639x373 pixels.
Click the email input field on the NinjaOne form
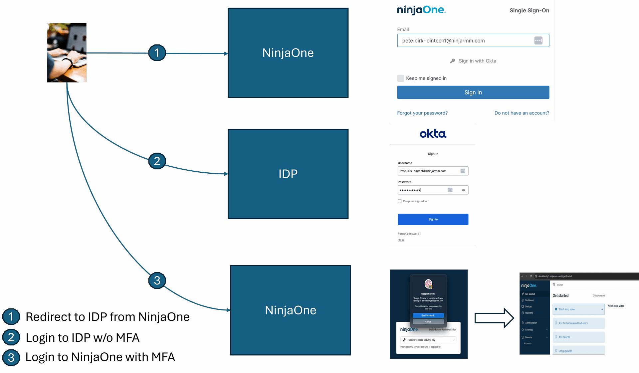[x=466, y=41]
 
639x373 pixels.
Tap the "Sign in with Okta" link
[x=477, y=61]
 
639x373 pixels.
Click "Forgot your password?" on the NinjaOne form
[x=422, y=113]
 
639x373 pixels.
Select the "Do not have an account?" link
[x=522, y=113]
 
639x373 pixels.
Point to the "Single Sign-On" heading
[x=529, y=11]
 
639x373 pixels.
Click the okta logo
[x=433, y=134]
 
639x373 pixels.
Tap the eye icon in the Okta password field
[x=463, y=190]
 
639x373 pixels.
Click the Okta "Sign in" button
[x=433, y=219]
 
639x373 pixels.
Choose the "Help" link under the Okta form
[x=401, y=240]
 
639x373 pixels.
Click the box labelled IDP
[x=288, y=174]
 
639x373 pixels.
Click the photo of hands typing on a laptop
[x=67, y=53]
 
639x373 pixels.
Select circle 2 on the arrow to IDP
[x=157, y=161]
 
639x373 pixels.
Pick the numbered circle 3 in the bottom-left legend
[x=11, y=358]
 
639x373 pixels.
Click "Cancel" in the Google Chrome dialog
[x=428, y=322]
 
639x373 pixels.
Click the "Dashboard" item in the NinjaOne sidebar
[x=530, y=300]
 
